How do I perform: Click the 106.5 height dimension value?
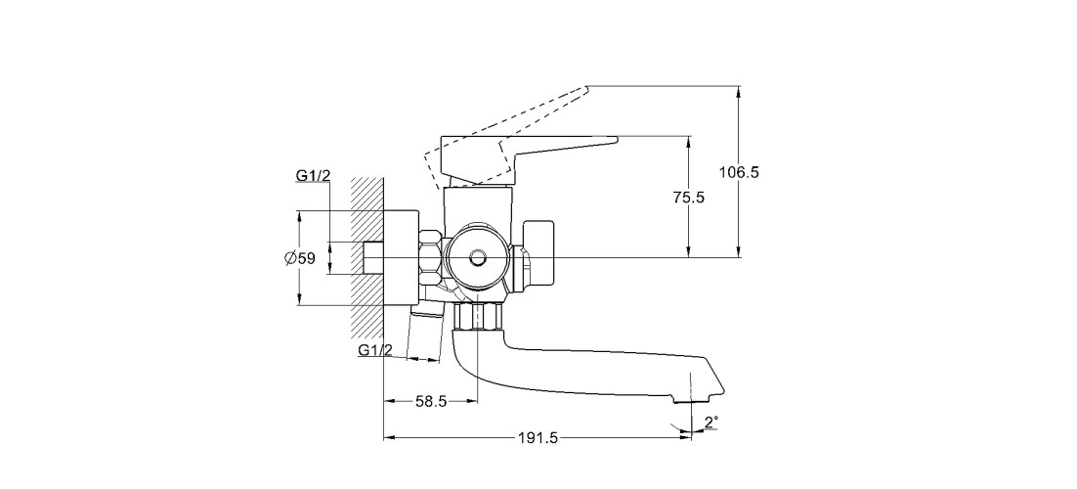tap(739, 172)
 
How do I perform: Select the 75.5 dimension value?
tap(689, 197)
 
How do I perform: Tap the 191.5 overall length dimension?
tap(537, 439)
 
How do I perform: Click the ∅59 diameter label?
tap(300, 258)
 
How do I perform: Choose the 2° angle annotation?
tap(711, 422)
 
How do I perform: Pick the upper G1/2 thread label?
tap(313, 175)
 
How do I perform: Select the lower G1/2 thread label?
tap(375, 350)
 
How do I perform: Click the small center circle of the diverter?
tap(477, 259)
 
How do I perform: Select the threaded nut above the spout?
tap(479, 316)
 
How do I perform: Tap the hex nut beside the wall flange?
tap(430, 258)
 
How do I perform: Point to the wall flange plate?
tap(402, 258)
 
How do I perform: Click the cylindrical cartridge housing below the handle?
tap(477, 206)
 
